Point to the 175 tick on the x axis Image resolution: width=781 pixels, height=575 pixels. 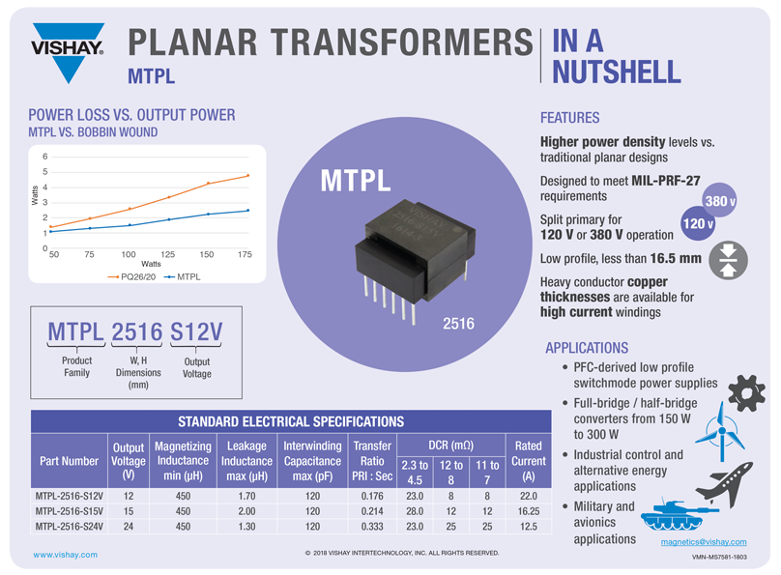coord(245,254)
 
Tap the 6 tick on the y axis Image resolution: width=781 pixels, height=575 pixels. coord(44,157)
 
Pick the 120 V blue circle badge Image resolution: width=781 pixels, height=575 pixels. coord(698,223)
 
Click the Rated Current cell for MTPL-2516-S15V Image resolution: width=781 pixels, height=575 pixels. coord(527,511)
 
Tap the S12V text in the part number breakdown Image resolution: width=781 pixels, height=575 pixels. coord(196,331)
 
